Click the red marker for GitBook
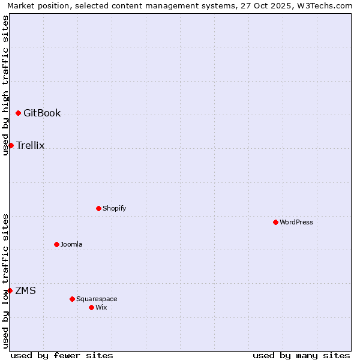[19, 113]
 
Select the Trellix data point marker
[11, 146]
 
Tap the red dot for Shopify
[99, 209]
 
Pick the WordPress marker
[275, 223]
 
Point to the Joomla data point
[57, 245]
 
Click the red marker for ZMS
[10, 291]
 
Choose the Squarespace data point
[72, 299]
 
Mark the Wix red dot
[91, 308]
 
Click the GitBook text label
[42, 113]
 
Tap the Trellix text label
[31, 146]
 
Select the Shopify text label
[114, 209]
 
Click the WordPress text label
[296, 223]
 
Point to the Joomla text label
[71, 245]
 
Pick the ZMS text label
[25, 291]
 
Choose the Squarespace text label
[97, 299]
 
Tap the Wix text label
[101, 308]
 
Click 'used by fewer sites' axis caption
[62, 355]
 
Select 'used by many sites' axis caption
[301, 355]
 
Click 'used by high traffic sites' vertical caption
[5, 85]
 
